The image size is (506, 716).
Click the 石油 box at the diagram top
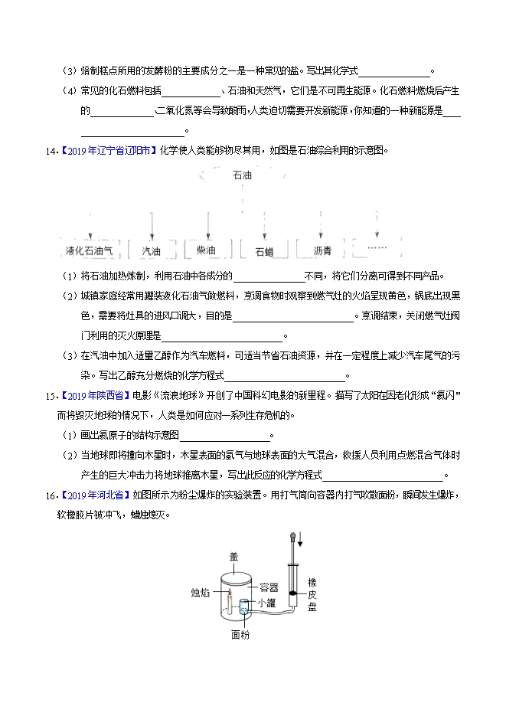(x=242, y=175)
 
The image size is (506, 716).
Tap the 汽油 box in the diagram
(x=152, y=250)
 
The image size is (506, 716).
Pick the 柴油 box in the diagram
(x=206, y=250)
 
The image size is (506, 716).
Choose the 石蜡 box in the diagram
(x=264, y=250)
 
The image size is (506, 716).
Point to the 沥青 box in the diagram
(x=322, y=250)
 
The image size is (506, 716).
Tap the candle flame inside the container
(x=229, y=591)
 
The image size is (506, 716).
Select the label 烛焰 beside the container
(x=200, y=592)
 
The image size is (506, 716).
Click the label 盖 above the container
(x=234, y=558)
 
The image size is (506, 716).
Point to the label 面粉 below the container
(x=240, y=634)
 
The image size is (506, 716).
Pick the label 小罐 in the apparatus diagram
(x=268, y=603)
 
